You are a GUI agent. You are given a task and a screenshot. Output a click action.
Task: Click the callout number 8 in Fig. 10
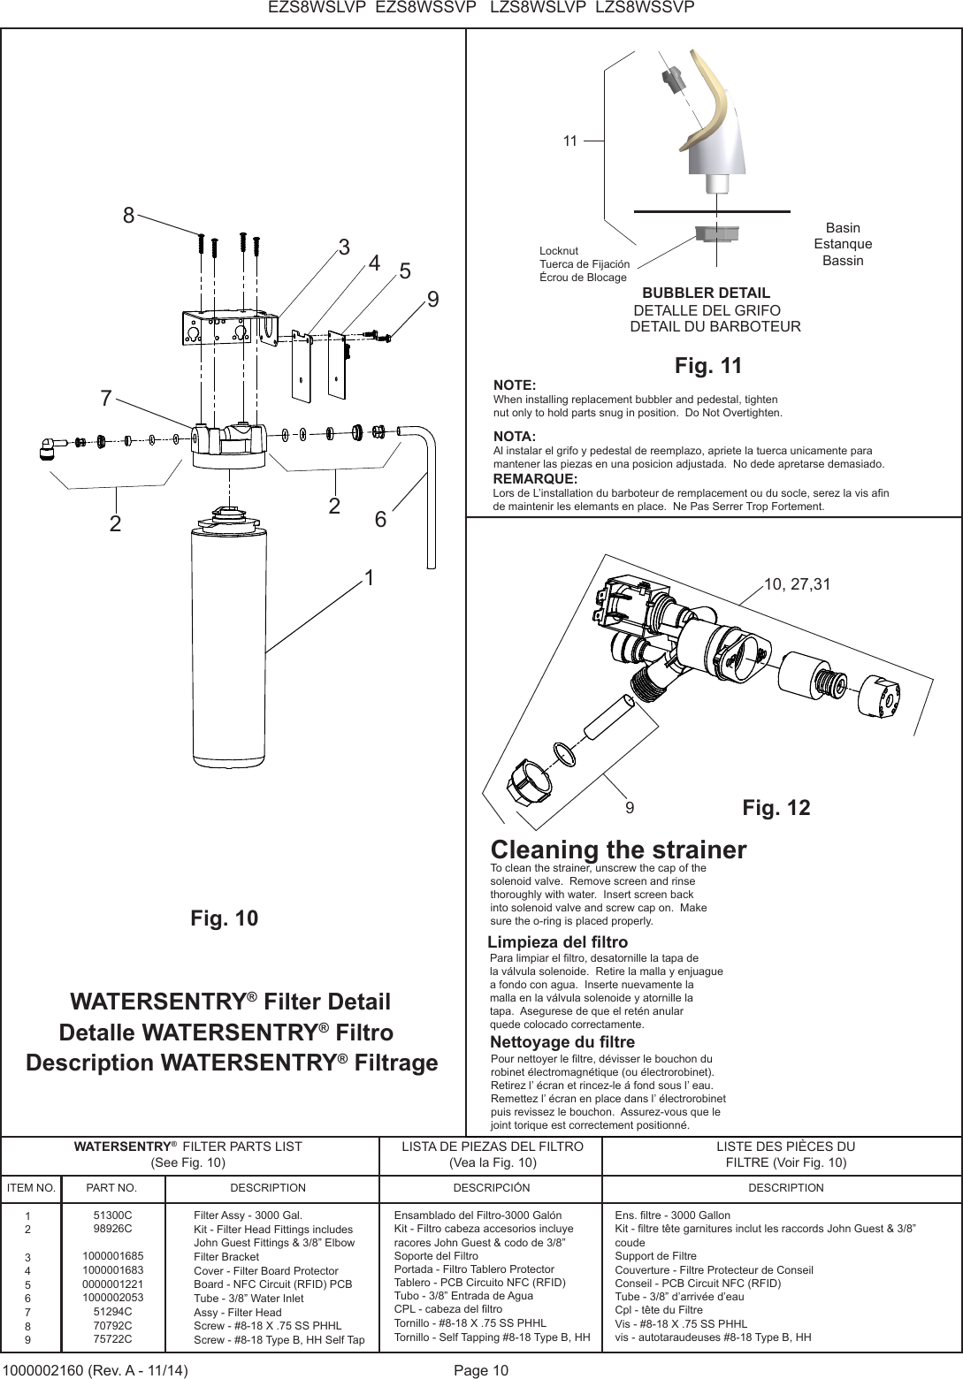129,216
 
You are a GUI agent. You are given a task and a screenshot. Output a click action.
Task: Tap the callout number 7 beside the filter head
106,399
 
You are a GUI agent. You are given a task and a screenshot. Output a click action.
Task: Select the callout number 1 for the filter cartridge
370,579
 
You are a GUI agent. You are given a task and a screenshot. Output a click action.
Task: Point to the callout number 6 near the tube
380,521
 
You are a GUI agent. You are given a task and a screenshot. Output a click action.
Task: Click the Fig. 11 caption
707,366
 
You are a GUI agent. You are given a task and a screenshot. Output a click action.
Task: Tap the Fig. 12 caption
776,808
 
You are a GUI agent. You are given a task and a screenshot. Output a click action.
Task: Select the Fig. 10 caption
225,918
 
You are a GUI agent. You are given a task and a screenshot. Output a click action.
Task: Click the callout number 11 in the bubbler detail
569,141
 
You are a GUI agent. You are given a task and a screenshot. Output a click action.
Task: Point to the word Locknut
559,251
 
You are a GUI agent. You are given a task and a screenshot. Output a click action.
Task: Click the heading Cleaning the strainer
618,849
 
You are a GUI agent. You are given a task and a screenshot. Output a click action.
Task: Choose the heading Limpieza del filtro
558,941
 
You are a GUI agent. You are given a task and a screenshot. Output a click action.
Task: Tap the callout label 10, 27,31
797,583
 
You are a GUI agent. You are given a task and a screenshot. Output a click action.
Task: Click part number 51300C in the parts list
112,1215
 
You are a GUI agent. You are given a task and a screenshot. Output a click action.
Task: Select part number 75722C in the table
112,1339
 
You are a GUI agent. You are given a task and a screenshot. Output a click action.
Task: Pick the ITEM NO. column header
31,1188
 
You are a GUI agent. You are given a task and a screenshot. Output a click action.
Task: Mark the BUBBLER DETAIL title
706,293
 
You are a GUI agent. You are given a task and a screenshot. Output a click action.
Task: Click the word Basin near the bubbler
842,228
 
